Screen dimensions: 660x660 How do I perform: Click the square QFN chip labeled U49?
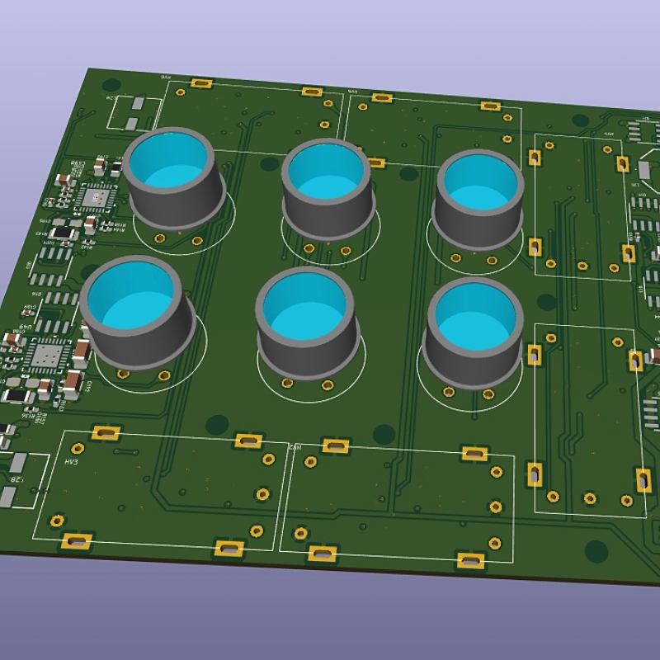point(46,356)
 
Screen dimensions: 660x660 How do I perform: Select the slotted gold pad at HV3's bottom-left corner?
point(76,541)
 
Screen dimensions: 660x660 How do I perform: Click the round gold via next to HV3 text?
point(78,448)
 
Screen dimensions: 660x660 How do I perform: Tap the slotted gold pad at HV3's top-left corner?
point(104,432)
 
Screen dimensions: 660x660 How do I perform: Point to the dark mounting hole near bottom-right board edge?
point(596,548)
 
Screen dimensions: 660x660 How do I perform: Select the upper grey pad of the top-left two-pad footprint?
point(138,105)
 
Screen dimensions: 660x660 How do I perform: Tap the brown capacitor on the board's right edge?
point(655,356)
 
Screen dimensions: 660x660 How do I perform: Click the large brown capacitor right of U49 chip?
point(81,353)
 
